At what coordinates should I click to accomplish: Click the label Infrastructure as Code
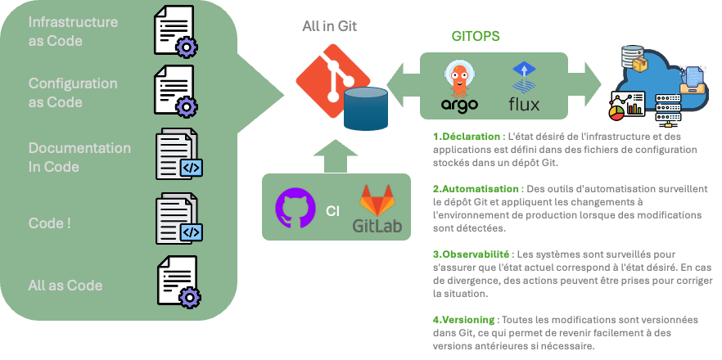73,30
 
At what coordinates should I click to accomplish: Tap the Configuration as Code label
73,92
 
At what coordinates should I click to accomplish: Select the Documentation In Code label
79,157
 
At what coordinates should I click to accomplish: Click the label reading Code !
49,222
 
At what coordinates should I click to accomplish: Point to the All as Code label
65,285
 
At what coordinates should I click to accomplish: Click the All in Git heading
329,26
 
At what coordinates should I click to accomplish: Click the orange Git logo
327,82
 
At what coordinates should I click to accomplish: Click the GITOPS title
476,37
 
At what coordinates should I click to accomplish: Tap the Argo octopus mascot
459,79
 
